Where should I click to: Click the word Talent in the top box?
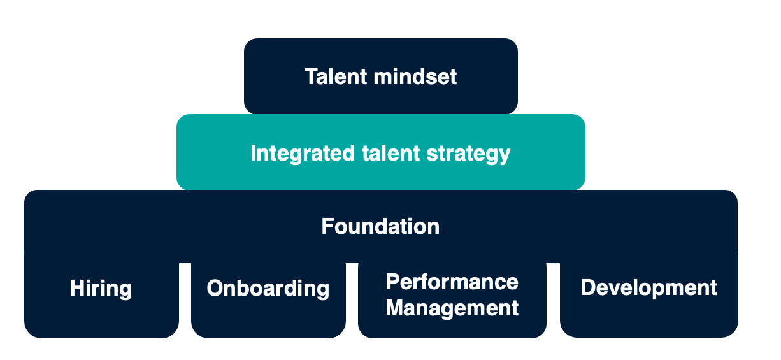(x=336, y=76)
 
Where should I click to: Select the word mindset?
(x=415, y=76)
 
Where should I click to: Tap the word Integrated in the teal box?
(x=303, y=154)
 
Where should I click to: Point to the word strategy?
(x=468, y=154)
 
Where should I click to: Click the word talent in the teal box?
(x=390, y=153)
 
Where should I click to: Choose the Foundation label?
(x=380, y=226)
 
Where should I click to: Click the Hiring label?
(x=101, y=289)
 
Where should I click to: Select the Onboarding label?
(x=268, y=289)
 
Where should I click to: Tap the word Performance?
(x=452, y=282)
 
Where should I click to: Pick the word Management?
(x=452, y=308)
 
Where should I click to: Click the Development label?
(x=649, y=288)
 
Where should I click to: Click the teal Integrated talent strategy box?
(x=381, y=152)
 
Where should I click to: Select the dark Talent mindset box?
(x=381, y=76)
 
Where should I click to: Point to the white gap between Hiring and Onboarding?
(x=185, y=300)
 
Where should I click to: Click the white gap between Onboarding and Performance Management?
(x=352, y=300)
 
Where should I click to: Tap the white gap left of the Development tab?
(x=554, y=300)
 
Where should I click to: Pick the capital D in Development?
(x=589, y=288)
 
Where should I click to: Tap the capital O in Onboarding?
(x=216, y=288)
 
